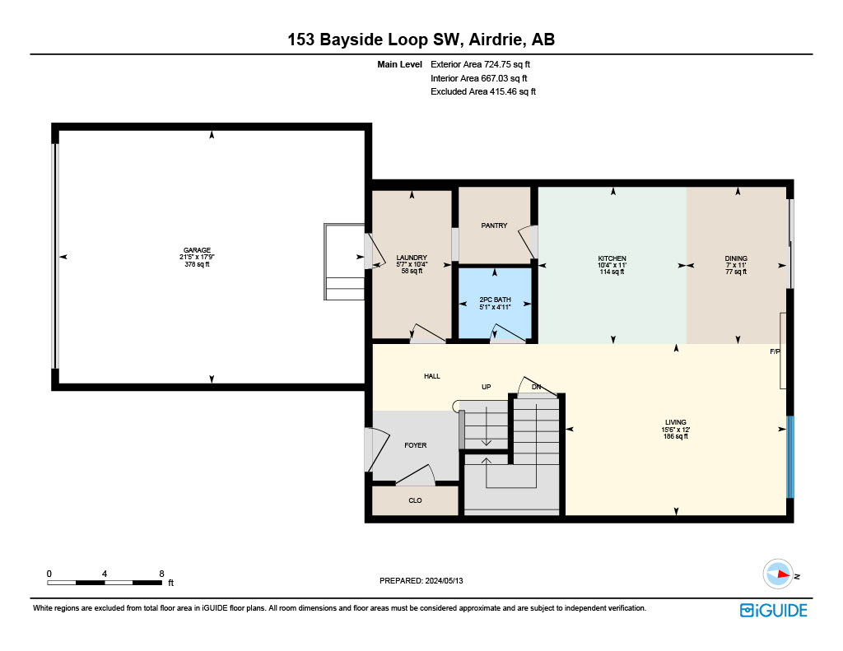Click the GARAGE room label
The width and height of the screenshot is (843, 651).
[197, 250]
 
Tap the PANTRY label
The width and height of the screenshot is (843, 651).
[494, 226]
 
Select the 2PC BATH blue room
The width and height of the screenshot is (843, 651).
[495, 303]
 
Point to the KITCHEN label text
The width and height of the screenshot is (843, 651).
[612, 258]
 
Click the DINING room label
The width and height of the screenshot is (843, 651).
[736, 258]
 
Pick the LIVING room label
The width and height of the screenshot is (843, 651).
[676, 422]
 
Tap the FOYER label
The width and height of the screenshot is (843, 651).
[416, 445]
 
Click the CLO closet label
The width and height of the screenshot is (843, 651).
[415, 500]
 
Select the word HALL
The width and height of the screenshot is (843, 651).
[431, 376]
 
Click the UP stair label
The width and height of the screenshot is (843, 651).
[486, 387]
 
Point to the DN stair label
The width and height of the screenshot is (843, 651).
[536, 387]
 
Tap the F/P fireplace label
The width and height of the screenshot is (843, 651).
[775, 351]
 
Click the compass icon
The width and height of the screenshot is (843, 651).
[778, 574]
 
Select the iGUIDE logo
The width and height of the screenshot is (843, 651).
[774, 611]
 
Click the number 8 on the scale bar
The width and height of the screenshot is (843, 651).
[161, 574]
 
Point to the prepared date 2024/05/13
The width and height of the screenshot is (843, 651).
[444, 580]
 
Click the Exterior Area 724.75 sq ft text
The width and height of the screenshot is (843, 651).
[480, 64]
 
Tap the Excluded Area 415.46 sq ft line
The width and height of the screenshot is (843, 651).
[482, 92]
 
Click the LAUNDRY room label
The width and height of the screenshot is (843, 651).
[412, 258]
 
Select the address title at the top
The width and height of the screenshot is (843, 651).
[421, 40]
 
